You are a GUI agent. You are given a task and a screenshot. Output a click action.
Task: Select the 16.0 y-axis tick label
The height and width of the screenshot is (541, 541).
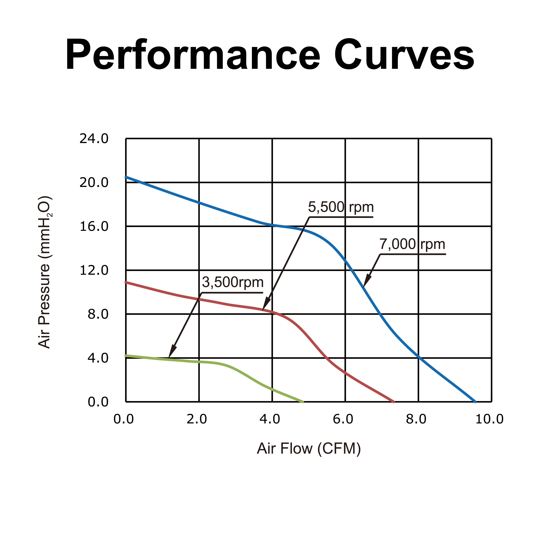94,227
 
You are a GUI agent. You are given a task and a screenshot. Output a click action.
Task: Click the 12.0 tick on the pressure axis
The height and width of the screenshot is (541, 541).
94,270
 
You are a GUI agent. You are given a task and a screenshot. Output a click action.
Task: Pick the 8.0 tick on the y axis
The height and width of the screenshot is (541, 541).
98,314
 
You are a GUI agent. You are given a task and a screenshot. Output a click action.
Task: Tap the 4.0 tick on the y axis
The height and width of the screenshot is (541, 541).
98,358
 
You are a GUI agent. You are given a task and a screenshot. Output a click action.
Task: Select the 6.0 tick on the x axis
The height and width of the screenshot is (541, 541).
343,419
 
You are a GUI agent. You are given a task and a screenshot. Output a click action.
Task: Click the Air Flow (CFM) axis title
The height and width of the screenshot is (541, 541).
309,449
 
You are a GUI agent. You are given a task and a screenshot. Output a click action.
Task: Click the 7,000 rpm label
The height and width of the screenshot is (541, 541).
412,244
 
